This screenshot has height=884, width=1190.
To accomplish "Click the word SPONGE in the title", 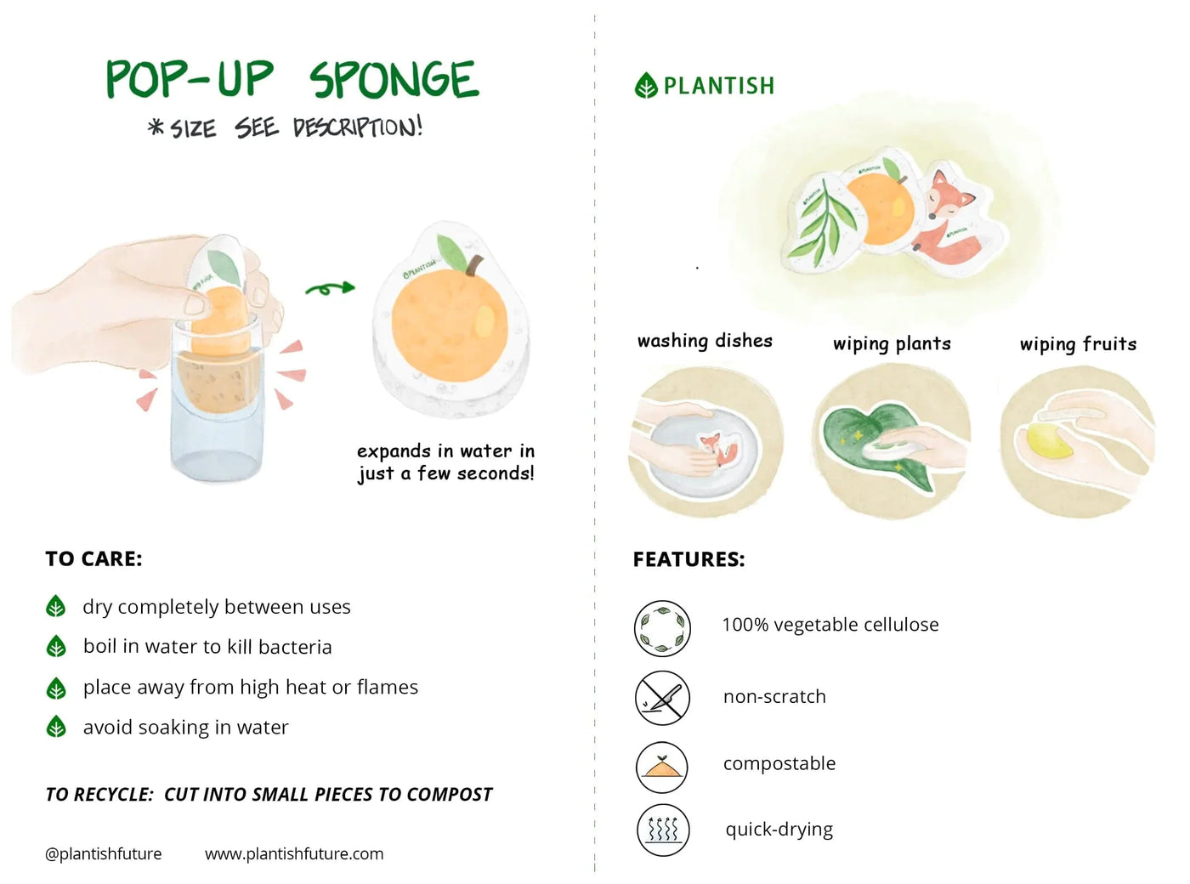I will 394,80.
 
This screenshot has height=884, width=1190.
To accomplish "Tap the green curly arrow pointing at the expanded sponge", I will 330,290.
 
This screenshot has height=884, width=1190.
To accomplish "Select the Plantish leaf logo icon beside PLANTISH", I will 646,86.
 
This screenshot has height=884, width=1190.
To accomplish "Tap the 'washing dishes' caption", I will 705,341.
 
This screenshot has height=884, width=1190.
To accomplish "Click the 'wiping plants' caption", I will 892,343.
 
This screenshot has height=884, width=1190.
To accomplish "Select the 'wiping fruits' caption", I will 1078,343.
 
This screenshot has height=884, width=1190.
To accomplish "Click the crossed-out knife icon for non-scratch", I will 662,697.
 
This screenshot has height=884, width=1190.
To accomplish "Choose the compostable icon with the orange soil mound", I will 662,766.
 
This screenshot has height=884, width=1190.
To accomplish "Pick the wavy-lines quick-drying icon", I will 662,830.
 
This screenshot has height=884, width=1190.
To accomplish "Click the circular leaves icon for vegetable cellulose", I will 662,628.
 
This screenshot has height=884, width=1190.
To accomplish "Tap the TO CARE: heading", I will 93,558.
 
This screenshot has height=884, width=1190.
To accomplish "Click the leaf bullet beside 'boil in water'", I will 56,647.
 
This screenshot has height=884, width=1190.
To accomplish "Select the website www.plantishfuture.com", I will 294,853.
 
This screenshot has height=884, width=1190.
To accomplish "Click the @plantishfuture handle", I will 103,853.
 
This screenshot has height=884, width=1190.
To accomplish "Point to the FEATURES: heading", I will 688,559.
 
